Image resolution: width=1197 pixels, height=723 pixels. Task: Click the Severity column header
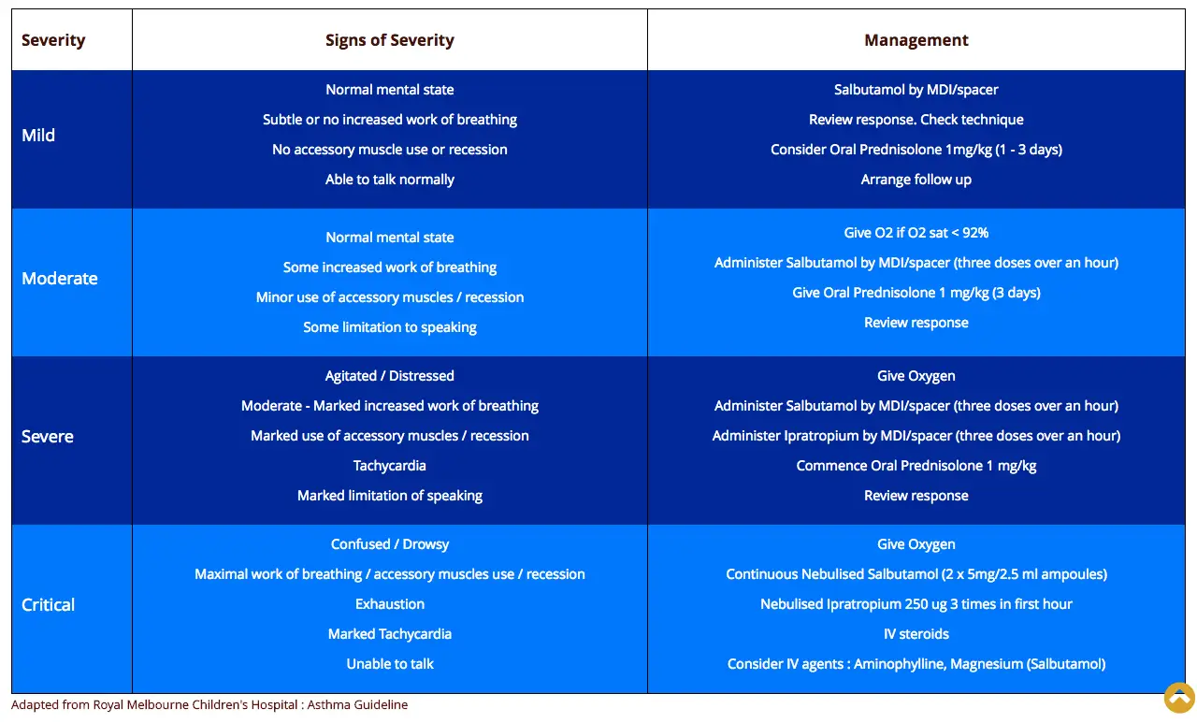point(53,40)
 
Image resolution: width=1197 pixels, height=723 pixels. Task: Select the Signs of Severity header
point(390,40)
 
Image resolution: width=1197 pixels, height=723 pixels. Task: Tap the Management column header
point(916,40)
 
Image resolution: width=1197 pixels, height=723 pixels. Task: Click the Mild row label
point(38,136)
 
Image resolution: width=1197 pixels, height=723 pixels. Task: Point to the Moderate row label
point(59,279)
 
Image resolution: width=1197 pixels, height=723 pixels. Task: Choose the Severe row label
point(47,437)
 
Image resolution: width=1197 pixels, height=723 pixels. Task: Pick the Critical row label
point(48,605)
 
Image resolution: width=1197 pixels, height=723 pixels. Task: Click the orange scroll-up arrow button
point(1179,698)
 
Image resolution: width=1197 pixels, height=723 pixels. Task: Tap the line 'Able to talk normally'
point(390,180)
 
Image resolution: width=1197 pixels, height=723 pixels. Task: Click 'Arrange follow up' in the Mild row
point(916,180)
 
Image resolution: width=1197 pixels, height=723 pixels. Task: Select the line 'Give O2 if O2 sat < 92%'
point(916,233)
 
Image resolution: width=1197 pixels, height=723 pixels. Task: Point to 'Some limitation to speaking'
point(390,327)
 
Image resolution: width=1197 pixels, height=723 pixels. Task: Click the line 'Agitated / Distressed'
point(390,376)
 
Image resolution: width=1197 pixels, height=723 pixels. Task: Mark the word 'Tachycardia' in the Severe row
point(390,466)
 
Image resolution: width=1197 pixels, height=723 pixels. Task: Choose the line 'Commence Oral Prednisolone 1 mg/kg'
point(916,466)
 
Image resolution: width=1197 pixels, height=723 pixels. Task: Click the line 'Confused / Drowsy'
point(390,544)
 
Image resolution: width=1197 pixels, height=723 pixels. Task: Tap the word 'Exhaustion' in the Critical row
point(390,604)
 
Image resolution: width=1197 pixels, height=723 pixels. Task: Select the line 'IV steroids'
point(916,634)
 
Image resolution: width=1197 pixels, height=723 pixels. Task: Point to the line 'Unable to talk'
point(390,664)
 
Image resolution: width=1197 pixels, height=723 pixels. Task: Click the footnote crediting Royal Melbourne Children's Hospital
point(209,705)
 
